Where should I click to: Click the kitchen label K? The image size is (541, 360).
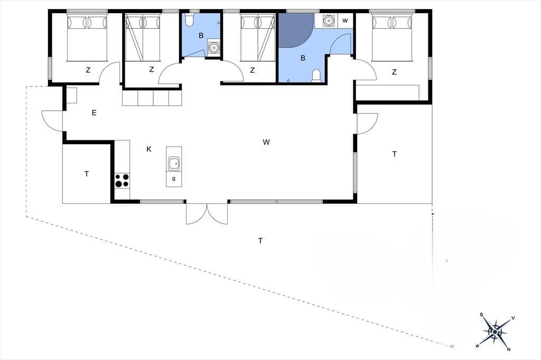tap(148, 149)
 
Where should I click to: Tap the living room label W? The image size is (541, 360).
tap(266, 141)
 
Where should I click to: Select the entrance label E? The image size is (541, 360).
tap(94, 113)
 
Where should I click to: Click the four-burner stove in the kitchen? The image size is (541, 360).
tap(122, 181)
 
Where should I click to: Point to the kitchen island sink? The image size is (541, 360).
tap(174, 164)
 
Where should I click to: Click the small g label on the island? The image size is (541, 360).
tap(173, 178)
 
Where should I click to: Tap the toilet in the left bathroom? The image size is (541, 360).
tap(189, 21)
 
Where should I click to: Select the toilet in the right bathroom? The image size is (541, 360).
tap(316, 76)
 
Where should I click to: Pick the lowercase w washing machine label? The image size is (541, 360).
tap(345, 21)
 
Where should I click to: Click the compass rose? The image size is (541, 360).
tap(495, 331)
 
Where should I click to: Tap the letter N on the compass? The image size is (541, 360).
tap(509, 349)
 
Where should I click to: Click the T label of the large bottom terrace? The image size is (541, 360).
tap(260, 241)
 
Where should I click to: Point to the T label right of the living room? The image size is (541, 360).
tap(394, 154)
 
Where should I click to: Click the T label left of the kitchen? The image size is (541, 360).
tap(87, 174)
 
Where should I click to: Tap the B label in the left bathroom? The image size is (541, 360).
tap(201, 35)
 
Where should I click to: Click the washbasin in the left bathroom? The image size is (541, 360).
tap(214, 47)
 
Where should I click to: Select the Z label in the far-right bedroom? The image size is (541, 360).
tap(394, 72)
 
